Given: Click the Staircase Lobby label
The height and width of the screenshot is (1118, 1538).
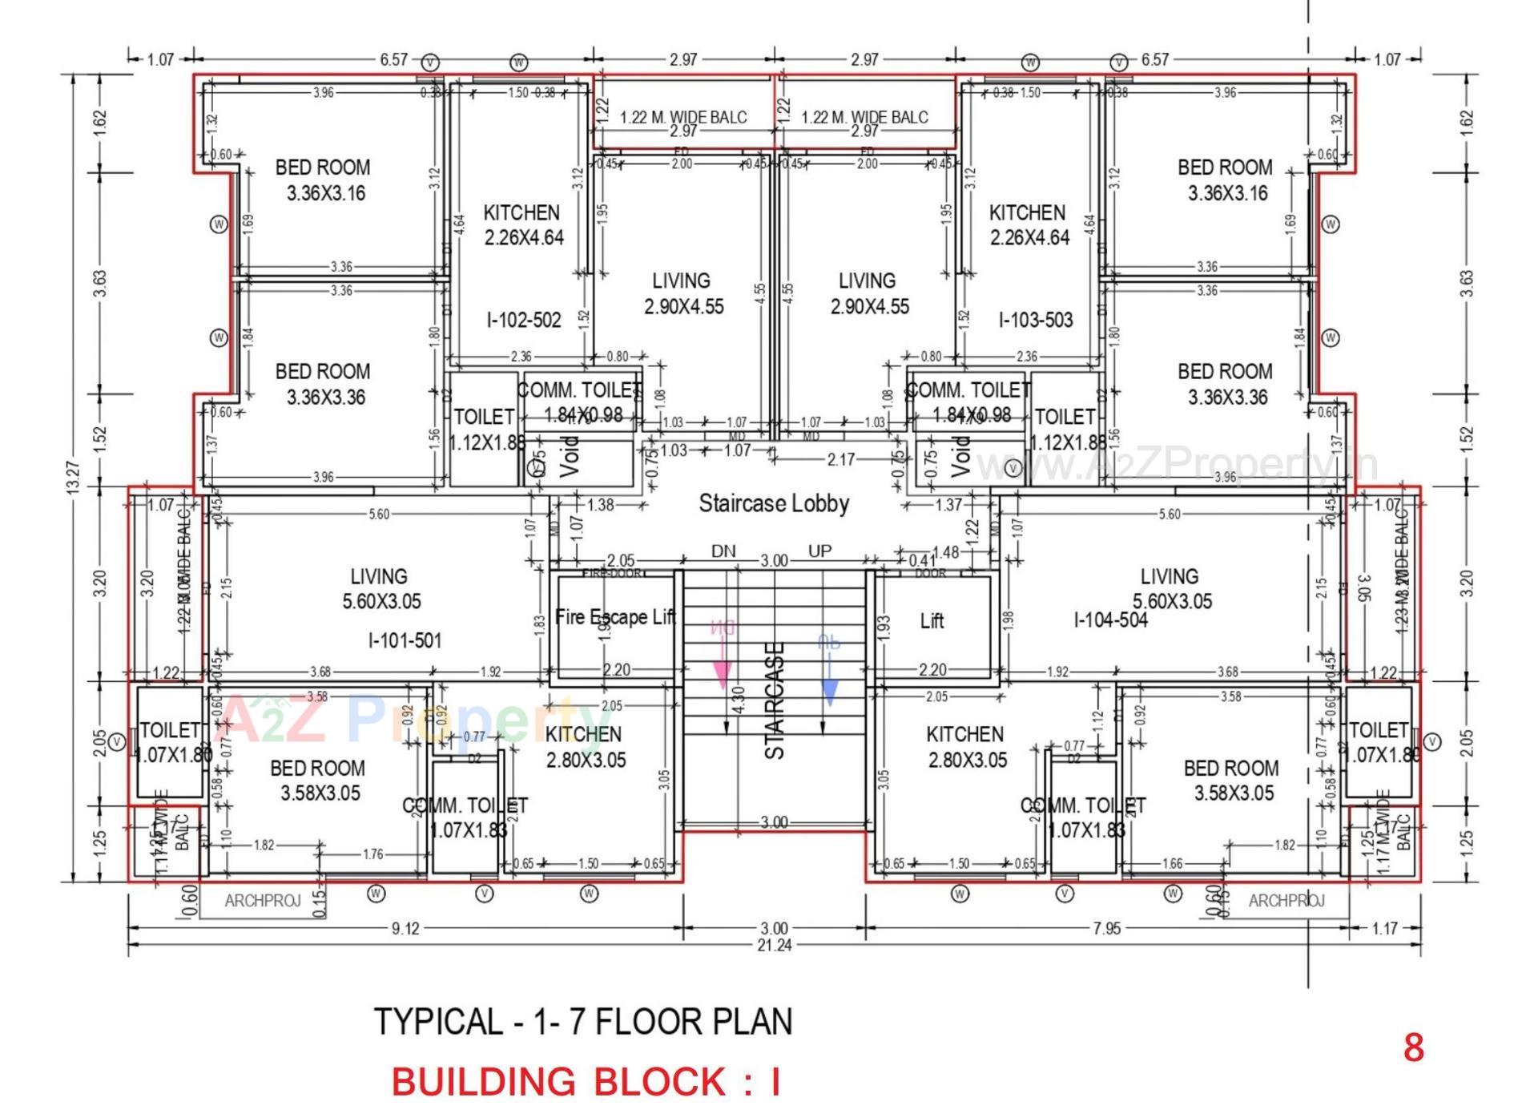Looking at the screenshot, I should tap(773, 503).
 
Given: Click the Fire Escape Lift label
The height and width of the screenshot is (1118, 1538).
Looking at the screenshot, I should tap(615, 617).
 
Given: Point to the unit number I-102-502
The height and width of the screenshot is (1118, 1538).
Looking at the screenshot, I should tap(524, 321).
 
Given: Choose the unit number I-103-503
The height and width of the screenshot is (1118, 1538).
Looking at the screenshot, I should tap(1035, 321).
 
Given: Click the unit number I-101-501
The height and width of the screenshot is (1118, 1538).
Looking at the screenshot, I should tap(405, 640).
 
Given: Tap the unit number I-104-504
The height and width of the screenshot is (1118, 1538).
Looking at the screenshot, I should tap(1110, 620).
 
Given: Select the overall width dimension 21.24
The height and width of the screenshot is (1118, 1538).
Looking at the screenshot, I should tap(774, 946).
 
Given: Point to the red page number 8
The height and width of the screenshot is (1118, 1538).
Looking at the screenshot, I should tap(1413, 1047).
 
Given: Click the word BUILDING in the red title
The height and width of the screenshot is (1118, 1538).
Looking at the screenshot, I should tap(478, 1082).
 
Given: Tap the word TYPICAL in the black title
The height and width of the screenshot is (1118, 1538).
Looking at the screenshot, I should tap(437, 1022).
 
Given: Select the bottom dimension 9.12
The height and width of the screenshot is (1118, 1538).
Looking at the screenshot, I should tap(405, 929).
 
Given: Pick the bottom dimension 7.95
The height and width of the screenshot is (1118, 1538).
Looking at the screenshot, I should tap(1107, 929).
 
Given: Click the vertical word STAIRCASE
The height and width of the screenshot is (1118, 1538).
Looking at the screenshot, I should tap(775, 701).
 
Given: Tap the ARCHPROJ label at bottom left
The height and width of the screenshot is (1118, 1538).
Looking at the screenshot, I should tap(262, 901).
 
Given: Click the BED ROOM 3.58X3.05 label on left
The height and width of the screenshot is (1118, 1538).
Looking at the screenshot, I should tap(318, 781).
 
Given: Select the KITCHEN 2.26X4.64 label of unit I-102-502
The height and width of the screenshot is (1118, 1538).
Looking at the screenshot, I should tap(522, 225).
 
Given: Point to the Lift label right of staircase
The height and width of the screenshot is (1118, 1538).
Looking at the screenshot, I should tap(932, 621).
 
